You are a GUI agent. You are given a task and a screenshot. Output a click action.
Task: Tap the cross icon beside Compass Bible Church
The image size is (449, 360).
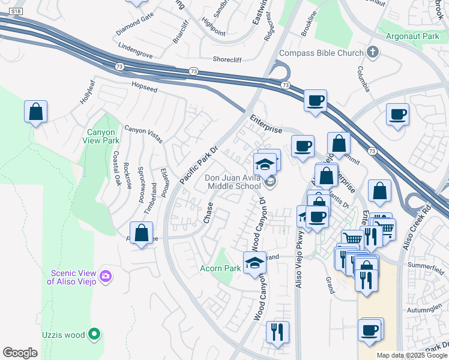click(372, 53)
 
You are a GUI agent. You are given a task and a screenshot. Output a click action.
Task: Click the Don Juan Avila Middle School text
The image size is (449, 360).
click(233, 182)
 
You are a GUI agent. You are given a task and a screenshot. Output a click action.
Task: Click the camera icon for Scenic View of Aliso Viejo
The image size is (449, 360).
click(106, 276)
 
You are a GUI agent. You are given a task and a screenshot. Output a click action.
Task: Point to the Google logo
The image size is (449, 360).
click(20, 353)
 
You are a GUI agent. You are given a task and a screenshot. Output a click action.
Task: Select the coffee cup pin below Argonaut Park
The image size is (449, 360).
click(398, 115)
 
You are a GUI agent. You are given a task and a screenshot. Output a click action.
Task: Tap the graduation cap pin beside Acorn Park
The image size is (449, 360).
click(255, 263)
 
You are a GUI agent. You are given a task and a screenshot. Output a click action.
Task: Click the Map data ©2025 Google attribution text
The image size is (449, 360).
click(412, 355)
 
